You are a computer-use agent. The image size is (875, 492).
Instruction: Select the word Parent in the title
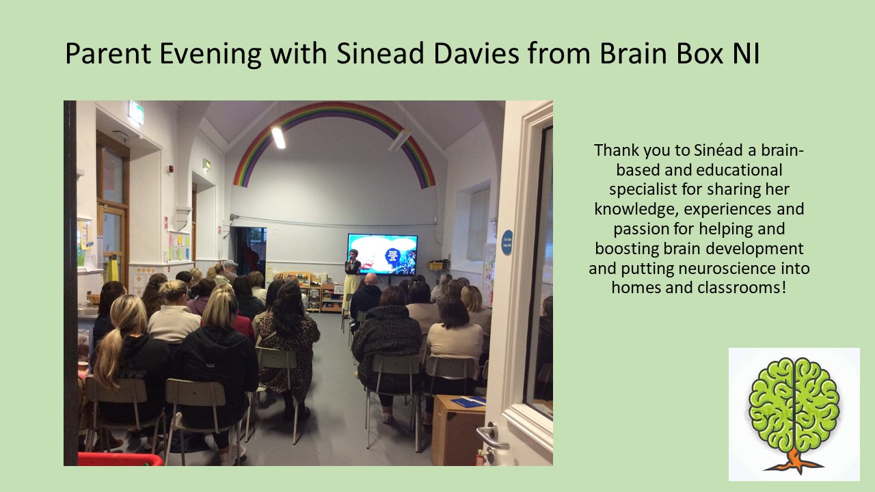pyautogui.click(x=108, y=54)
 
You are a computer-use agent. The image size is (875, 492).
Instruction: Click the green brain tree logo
pyautogui.click(x=794, y=415)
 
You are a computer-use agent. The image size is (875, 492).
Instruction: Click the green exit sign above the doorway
pyautogui.click(x=136, y=113)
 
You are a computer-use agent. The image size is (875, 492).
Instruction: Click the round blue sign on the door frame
pyautogui.click(x=507, y=243)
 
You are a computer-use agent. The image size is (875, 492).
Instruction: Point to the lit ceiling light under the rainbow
pyautogui.click(x=278, y=137)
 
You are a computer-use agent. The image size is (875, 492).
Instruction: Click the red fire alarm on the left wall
pyautogui.click(x=171, y=169)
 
